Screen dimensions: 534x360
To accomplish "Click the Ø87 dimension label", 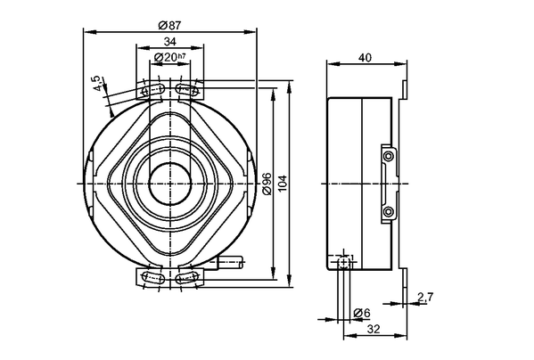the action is tap(169, 25).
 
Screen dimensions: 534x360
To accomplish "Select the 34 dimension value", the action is tap(170, 42).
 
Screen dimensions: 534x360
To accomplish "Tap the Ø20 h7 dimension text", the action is tap(170, 57).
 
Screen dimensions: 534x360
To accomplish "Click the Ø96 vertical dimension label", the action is tap(267, 184).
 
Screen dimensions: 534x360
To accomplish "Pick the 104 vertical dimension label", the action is tap(283, 184).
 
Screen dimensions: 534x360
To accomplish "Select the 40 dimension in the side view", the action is tap(365, 58).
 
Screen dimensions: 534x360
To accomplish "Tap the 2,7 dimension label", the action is tap(425, 298).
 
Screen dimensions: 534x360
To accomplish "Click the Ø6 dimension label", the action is tap(362, 313).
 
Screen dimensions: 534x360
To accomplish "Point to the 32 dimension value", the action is tap(374, 329).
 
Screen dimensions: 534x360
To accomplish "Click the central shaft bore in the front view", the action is tap(169, 184).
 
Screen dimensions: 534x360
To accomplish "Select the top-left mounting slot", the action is tap(153, 90).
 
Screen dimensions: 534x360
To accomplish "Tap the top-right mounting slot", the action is tap(186, 89).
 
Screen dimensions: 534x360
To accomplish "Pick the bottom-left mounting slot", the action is tap(153, 277).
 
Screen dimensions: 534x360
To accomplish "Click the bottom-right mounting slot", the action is tap(186, 277).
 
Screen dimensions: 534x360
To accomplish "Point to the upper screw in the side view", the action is tap(388, 156).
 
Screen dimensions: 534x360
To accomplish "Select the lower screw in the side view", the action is tap(388, 211).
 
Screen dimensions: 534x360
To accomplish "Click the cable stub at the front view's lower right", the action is tap(231, 262).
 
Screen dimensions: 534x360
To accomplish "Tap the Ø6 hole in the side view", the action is tap(344, 262).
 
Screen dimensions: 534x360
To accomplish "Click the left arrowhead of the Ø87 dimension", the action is tap(88, 32).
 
